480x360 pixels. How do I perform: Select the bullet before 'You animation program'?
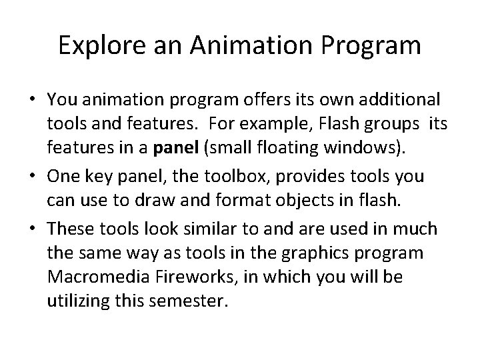tap(31, 100)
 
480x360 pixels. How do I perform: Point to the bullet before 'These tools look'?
tap(31, 230)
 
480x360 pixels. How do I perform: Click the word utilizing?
tap(74, 302)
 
